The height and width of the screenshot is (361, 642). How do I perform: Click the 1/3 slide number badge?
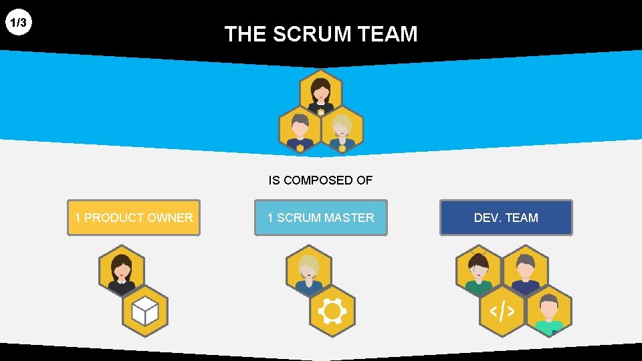click(19, 23)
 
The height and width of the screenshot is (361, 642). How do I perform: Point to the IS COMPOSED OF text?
click(320, 180)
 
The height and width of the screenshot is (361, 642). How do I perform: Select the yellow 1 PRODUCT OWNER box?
click(134, 218)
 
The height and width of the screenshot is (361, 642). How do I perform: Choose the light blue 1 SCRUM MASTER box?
click(320, 218)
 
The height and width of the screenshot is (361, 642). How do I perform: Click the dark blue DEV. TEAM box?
click(506, 218)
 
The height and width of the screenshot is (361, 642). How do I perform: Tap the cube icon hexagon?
click(145, 311)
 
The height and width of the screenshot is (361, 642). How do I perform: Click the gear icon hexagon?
click(332, 311)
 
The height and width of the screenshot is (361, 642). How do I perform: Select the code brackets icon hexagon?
click(502, 311)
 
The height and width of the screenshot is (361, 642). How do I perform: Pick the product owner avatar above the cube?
click(122, 271)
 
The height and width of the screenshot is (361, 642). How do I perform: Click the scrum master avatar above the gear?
click(308, 271)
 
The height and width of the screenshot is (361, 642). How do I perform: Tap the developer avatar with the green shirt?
click(479, 271)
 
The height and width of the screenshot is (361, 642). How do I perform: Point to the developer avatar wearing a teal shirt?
click(549, 311)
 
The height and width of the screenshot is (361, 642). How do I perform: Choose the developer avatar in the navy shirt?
click(526, 271)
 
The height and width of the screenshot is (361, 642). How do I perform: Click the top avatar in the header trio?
click(321, 93)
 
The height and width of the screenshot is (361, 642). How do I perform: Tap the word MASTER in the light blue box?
click(349, 218)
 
